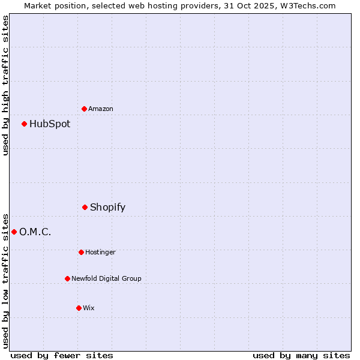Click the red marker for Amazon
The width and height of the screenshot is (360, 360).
85,109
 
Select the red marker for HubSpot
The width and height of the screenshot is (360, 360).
25,124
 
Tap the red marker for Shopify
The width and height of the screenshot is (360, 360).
85,208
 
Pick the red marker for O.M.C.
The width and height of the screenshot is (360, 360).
14,232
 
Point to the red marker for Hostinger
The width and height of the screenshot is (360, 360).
81,253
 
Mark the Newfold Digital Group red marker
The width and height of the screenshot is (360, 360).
67,279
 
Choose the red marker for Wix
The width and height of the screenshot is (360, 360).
79,308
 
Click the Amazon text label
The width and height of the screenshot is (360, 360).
101,109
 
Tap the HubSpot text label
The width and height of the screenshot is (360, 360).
50,124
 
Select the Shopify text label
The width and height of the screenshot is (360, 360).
107,208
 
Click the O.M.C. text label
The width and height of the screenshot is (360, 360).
35,232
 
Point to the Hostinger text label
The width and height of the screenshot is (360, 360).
100,253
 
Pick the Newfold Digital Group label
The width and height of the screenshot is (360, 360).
106,279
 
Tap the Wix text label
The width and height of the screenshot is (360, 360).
89,308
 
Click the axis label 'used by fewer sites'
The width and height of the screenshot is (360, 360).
62,356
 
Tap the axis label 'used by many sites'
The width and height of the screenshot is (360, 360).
301,356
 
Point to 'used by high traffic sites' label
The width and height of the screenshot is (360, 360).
5,85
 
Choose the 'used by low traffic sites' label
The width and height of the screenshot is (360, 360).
5,280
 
